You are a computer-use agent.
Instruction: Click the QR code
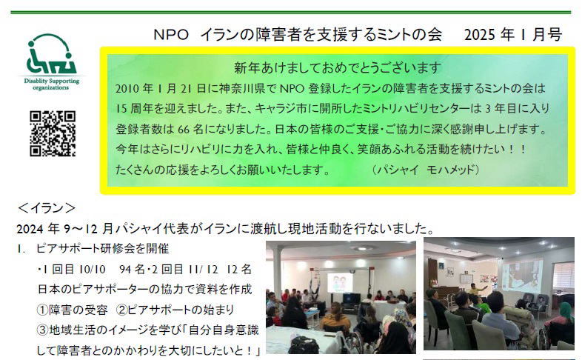[x=53, y=133]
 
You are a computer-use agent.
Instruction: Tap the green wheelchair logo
[x=51, y=54]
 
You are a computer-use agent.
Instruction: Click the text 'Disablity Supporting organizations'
[x=51, y=84]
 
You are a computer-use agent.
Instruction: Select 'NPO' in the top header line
[x=171, y=35]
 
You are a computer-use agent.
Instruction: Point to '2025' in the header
[x=480, y=35]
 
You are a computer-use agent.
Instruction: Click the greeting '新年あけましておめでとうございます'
[x=338, y=67]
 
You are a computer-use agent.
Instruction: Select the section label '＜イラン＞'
[x=47, y=208]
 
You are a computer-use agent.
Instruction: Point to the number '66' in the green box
[x=184, y=129]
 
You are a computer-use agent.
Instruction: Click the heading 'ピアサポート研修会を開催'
[x=102, y=248]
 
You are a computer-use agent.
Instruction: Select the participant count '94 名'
[x=132, y=269]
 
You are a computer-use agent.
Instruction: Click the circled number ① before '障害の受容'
[x=43, y=310]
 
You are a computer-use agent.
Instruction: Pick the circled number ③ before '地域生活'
[x=43, y=330]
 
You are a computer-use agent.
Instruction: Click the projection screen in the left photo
[x=341, y=282]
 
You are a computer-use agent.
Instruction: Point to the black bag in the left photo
[x=304, y=344]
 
